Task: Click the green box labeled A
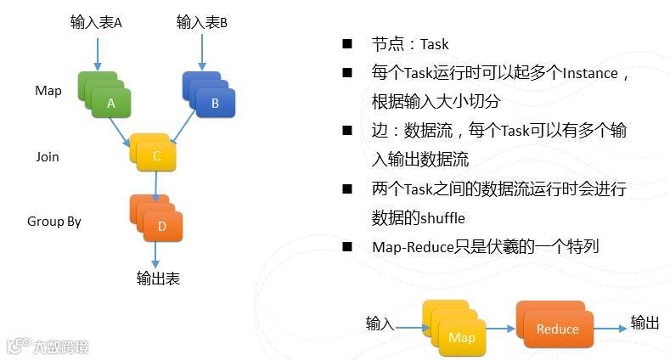[x=110, y=103]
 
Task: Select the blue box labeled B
[x=214, y=103]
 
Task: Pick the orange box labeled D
[x=161, y=225]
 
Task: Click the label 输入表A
[x=96, y=23]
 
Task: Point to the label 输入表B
[x=202, y=23]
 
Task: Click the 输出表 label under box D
[x=158, y=278]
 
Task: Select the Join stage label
[x=48, y=156]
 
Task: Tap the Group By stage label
[x=53, y=222]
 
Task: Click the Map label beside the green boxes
[x=48, y=91]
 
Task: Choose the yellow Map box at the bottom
[x=461, y=337]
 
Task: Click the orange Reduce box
[x=557, y=329]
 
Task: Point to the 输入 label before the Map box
[x=380, y=323]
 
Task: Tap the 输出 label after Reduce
[x=645, y=323]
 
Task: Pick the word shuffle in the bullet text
[x=444, y=218]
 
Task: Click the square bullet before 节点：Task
[x=346, y=43]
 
